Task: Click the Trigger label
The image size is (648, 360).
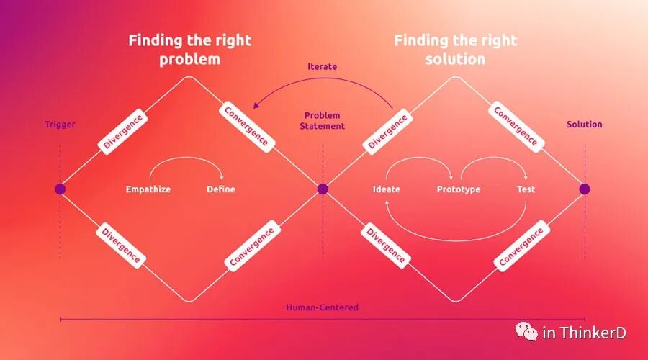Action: (x=60, y=125)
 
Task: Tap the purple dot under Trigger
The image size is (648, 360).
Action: (x=60, y=189)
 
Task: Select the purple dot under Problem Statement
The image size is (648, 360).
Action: (x=323, y=189)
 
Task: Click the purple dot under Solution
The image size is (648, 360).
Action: (x=585, y=189)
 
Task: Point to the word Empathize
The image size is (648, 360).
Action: (x=148, y=189)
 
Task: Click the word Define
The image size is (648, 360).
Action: (x=220, y=189)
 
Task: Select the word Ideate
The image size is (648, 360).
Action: (x=387, y=189)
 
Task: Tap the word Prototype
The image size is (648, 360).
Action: (x=458, y=189)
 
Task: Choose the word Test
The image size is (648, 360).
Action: (x=526, y=189)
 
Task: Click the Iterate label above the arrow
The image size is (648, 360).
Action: (x=322, y=67)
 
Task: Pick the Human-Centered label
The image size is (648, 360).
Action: (x=322, y=307)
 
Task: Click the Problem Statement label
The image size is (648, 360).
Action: (x=323, y=121)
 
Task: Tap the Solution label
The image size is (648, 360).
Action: (x=584, y=125)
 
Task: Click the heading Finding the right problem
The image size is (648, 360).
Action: (x=189, y=49)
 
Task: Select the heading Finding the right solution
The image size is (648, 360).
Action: (x=455, y=49)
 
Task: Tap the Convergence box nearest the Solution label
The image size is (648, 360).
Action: (x=515, y=126)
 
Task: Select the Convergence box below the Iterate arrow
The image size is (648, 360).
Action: (x=246, y=127)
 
